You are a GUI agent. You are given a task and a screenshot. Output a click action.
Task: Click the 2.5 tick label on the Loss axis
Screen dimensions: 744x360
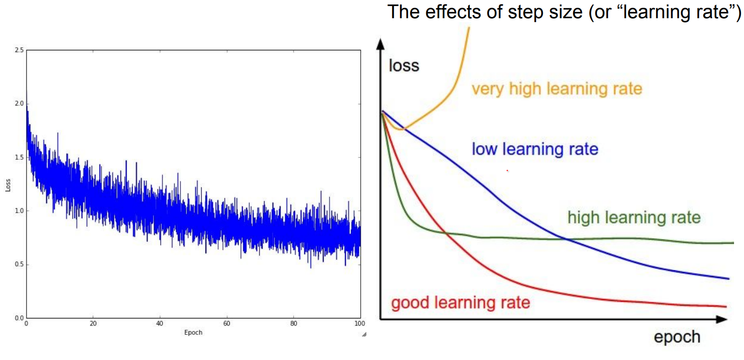tap(19, 50)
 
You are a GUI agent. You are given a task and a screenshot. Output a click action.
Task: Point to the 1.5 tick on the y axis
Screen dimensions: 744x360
tap(19, 157)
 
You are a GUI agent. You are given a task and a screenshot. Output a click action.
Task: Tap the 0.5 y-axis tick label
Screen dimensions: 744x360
tap(19, 264)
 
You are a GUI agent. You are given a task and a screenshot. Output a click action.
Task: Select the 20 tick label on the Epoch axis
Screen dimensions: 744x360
tap(93, 323)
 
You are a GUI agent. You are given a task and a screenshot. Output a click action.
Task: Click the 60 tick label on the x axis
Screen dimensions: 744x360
tap(227, 323)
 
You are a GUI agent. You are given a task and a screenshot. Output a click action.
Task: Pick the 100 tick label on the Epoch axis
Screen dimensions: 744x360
tap(360, 323)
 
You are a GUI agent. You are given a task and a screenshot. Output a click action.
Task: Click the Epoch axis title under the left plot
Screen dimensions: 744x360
tap(193, 333)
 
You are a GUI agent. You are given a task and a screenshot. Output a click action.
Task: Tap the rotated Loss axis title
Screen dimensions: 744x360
tap(8, 185)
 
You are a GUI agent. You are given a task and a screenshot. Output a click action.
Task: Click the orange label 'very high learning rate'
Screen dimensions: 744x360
tap(557, 89)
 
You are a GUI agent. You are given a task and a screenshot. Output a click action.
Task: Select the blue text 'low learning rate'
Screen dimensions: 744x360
tap(535, 149)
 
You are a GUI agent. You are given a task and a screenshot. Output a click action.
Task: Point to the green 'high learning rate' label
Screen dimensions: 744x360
tap(634, 218)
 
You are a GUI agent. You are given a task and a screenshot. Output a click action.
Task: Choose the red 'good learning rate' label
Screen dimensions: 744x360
tap(460, 303)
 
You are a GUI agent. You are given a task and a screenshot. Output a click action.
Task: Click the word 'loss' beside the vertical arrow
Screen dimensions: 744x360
tap(404, 66)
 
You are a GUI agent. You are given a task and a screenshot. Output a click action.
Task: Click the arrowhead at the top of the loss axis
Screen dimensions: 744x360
tap(381, 43)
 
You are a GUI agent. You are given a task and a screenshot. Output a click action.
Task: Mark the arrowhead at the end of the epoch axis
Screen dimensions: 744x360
tap(721, 320)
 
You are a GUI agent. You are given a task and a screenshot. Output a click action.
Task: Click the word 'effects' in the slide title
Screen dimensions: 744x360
tap(453, 12)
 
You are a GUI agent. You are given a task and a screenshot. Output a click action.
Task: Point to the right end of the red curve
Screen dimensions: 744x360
tap(726, 307)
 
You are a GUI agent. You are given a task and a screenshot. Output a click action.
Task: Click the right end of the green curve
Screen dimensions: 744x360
tap(734, 243)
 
